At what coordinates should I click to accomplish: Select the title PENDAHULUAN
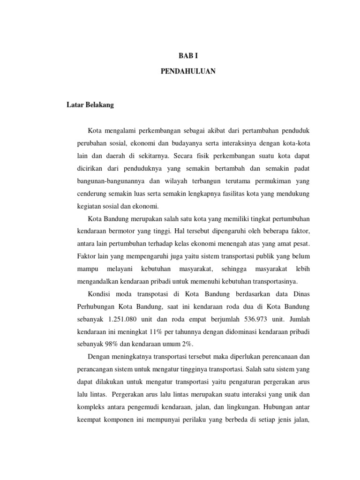coord(188,72)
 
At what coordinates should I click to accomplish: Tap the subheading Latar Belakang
coord(90,105)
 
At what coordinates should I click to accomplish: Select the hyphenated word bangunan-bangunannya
coord(111,180)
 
